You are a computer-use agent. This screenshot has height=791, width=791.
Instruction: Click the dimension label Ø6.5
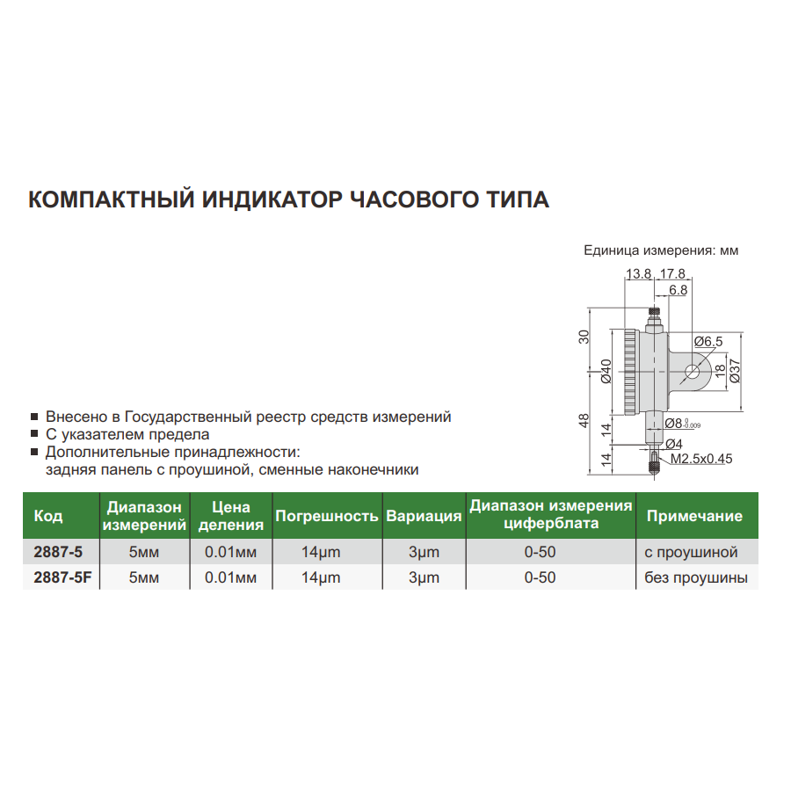[x=708, y=340]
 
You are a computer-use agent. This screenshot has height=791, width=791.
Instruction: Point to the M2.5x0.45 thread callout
[x=701, y=458]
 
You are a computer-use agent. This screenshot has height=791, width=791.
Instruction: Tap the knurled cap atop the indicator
[x=655, y=312]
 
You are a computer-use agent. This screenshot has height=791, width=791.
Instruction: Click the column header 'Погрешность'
[x=326, y=517]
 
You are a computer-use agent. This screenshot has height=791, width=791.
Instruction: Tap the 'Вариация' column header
[x=424, y=517]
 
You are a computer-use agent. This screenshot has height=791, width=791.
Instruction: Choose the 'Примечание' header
[x=693, y=517]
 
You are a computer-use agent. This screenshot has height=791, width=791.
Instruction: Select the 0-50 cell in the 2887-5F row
[x=540, y=577]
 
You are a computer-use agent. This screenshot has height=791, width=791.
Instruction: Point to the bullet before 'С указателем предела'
[x=33, y=434]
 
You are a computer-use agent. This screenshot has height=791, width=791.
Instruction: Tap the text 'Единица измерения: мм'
[x=661, y=250]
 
